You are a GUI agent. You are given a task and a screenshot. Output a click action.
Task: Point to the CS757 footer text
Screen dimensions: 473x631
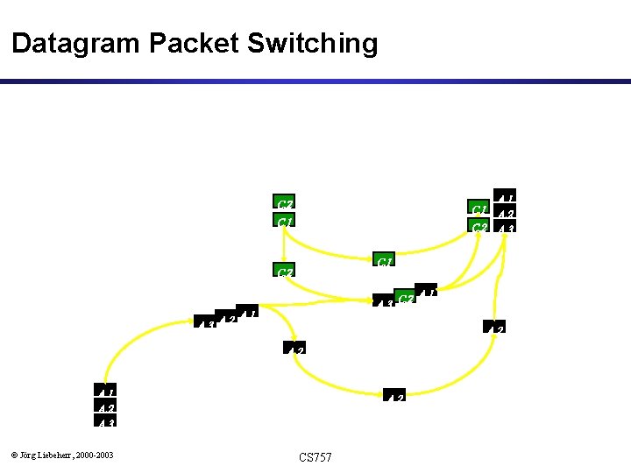315,457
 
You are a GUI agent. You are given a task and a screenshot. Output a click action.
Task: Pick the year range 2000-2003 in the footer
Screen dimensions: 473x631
95,454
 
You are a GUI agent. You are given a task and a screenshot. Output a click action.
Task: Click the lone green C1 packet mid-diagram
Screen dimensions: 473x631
384,260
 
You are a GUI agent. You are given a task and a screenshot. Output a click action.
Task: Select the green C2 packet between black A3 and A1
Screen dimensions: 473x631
405,299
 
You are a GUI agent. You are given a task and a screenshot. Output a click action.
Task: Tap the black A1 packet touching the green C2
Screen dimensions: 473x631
426,293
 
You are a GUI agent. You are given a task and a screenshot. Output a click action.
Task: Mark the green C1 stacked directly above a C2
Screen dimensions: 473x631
479,208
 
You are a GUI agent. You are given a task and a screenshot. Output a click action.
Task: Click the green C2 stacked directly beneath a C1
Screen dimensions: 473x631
479,226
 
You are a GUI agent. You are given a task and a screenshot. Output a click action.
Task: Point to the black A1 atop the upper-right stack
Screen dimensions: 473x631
505,195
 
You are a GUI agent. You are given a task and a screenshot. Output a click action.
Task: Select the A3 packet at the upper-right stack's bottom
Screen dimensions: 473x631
505,227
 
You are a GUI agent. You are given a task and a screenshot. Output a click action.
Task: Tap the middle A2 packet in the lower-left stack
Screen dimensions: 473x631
106,406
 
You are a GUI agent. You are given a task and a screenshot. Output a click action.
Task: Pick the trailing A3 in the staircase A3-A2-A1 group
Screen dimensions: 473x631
206,326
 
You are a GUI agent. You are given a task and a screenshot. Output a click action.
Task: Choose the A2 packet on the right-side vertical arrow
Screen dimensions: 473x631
495,327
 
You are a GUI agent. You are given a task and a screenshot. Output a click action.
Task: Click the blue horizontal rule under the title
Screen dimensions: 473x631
315,81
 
